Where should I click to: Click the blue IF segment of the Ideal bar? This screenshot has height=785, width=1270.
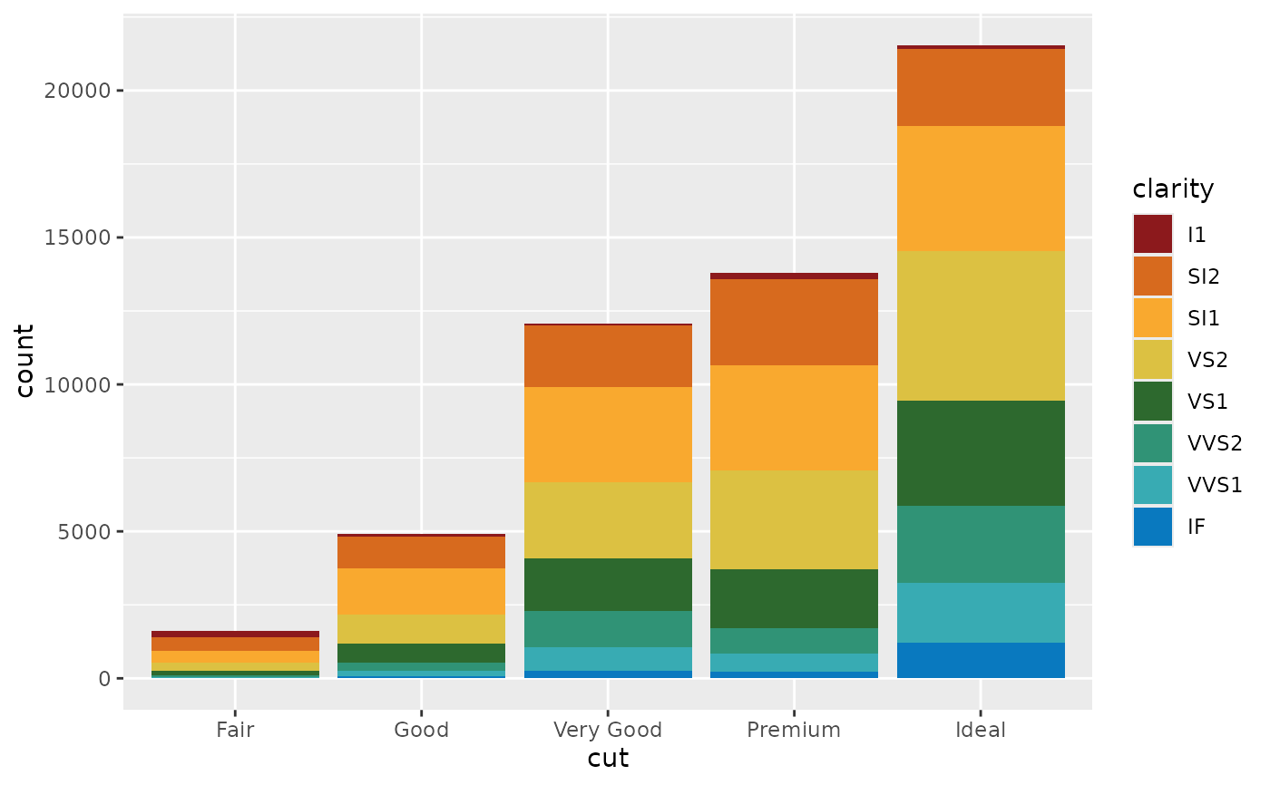[x=981, y=660]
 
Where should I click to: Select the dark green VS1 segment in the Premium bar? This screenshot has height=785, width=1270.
[x=794, y=598]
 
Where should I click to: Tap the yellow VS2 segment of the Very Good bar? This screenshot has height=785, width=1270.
[x=608, y=519]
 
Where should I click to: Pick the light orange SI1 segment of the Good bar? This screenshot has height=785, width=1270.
[x=421, y=591]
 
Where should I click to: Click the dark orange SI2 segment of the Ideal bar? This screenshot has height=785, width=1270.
[x=981, y=87]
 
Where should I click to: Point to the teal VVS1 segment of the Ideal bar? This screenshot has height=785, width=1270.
[x=981, y=613]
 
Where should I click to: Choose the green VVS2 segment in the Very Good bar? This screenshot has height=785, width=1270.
[x=608, y=629]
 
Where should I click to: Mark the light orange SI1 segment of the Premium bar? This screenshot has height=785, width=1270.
[x=794, y=418]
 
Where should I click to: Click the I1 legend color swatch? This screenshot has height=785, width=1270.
[x=1153, y=234]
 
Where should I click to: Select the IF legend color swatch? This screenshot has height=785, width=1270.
[x=1153, y=526]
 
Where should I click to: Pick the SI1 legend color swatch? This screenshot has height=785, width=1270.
[x=1153, y=317]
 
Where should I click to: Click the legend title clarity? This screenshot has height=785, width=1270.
[x=1173, y=189]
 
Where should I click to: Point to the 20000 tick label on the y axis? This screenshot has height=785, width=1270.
[x=79, y=91]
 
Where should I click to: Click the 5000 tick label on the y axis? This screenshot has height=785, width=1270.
[x=86, y=531]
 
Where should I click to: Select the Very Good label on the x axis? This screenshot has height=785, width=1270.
[x=608, y=730]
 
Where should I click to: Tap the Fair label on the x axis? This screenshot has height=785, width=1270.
[x=235, y=730]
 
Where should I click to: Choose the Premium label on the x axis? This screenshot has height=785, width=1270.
[x=794, y=730]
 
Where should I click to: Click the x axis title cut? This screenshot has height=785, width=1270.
[x=608, y=758]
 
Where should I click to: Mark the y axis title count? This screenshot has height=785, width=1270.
[x=24, y=360]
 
